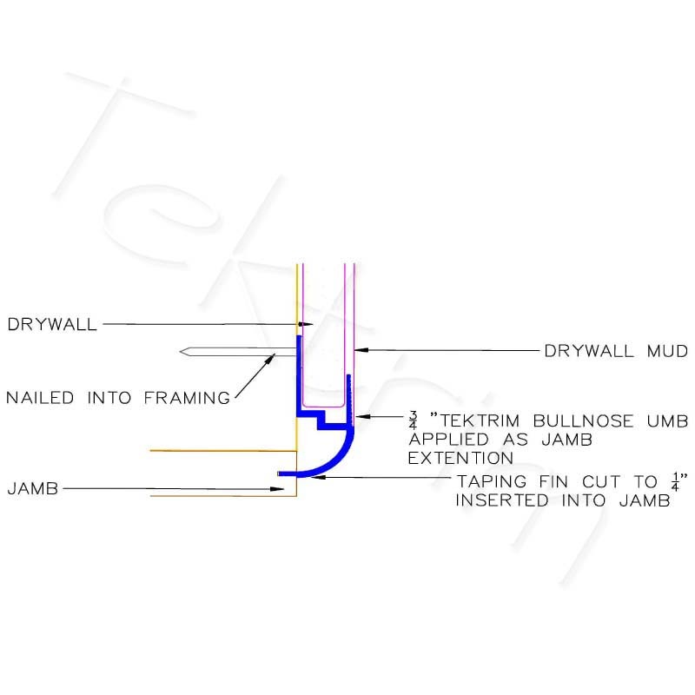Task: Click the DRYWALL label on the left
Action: point(52,324)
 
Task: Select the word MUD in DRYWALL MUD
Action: point(667,351)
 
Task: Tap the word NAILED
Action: point(40,398)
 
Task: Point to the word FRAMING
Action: point(187,398)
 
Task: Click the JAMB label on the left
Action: point(33,488)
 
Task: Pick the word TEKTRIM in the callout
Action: point(480,420)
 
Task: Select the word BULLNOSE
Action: point(583,420)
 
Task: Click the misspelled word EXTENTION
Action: point(460,458)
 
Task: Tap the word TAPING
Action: point(492,481)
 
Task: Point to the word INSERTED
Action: point(502,500)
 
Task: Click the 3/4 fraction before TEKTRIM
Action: point(414,420)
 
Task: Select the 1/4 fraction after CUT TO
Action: point(675,481)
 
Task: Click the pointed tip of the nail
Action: point(181,352)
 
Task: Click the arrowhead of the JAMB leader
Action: point(277,489)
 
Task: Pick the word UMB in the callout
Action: point(667,420)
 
